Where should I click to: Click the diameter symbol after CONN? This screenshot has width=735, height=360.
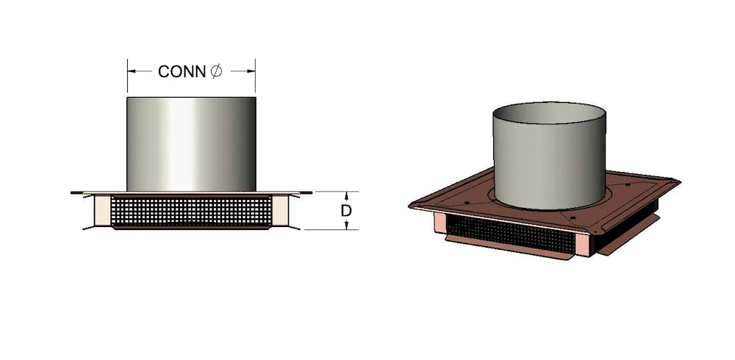[x=215, y=71]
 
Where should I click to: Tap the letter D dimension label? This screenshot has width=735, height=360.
[x=346, y=211]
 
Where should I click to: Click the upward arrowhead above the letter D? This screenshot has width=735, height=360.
[x=346, y=195]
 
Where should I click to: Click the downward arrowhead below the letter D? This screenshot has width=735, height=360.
[x=346, y=226]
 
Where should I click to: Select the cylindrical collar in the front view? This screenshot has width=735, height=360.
[x=191, y=143]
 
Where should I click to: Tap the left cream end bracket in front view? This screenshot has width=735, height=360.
[x=101, y=211]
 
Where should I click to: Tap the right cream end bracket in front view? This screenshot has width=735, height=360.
[x=282, y=211]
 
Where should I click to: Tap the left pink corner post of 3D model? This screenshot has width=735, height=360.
[x=440, y=222]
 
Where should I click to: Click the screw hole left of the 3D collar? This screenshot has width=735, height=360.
[x=476, y=192]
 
